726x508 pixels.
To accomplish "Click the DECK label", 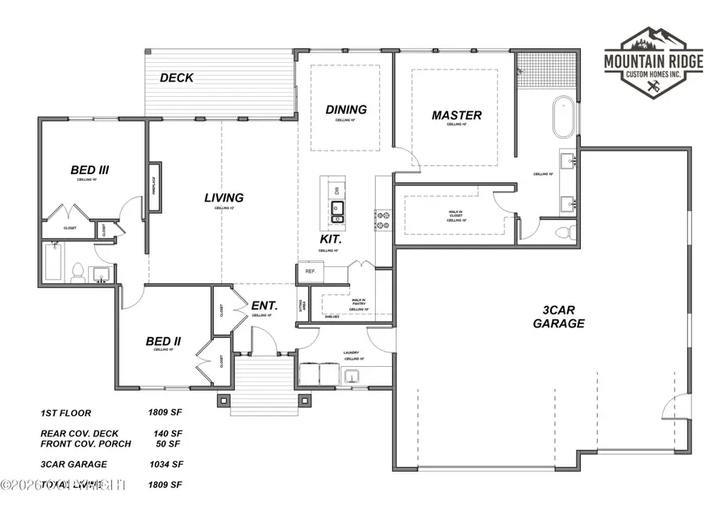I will click(x=177, y=78).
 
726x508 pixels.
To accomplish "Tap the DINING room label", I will click(x=346, y=110).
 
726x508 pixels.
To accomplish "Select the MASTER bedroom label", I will click(x=457, y=115).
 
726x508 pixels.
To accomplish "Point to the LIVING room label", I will click(x=223, y=198).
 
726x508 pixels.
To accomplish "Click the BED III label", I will click(x=90, y=170).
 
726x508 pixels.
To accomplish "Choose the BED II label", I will click(x=163, y=341).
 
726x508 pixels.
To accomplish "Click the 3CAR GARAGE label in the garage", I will click(x=558, y=316).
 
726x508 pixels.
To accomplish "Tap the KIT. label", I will click(x=331, y=240).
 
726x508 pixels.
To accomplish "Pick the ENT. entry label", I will click(x=265, y=306).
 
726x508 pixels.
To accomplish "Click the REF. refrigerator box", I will click(x=310, y=273).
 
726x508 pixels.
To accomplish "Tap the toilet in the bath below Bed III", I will click(x=78, y=273).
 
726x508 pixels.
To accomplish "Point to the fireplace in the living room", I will click(x=152, y=190).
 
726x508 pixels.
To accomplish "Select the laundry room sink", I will click(x=352, y=375).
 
